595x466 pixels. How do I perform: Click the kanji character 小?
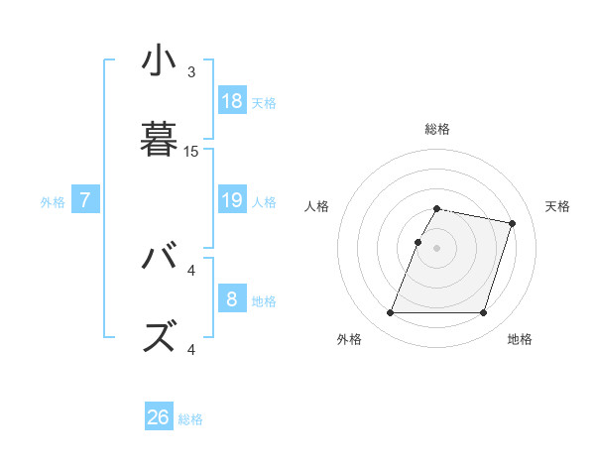(x=159, y=62)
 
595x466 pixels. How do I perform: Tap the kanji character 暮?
(x=159, y=141)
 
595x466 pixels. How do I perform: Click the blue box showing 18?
(x=232, y=100)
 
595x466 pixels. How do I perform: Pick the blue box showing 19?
(x=232, y=200)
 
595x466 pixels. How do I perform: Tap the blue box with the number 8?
(x=232, y=299)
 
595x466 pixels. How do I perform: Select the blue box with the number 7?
(x=85, y=200)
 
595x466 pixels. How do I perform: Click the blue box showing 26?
(x=159, y=417)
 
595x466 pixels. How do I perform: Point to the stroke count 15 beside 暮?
(x=191, y=152)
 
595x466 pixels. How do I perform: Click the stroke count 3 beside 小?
(x=191, y=72)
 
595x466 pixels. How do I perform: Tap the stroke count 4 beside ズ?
(x=191, y=349)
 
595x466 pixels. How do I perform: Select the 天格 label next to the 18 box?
(x=264, y=102)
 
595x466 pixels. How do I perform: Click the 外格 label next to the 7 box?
(x=53, y=202)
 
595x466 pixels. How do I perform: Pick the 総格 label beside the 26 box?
(x=190, y=419)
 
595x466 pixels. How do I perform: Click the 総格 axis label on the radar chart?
(x=436, y=129)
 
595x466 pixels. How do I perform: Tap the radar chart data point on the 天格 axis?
(x=512, y=223)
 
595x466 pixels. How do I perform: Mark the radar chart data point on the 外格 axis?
(x=390, y=313)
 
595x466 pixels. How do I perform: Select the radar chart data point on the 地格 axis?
(x=483, y=313)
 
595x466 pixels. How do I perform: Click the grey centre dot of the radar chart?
(x=436, y=248)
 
